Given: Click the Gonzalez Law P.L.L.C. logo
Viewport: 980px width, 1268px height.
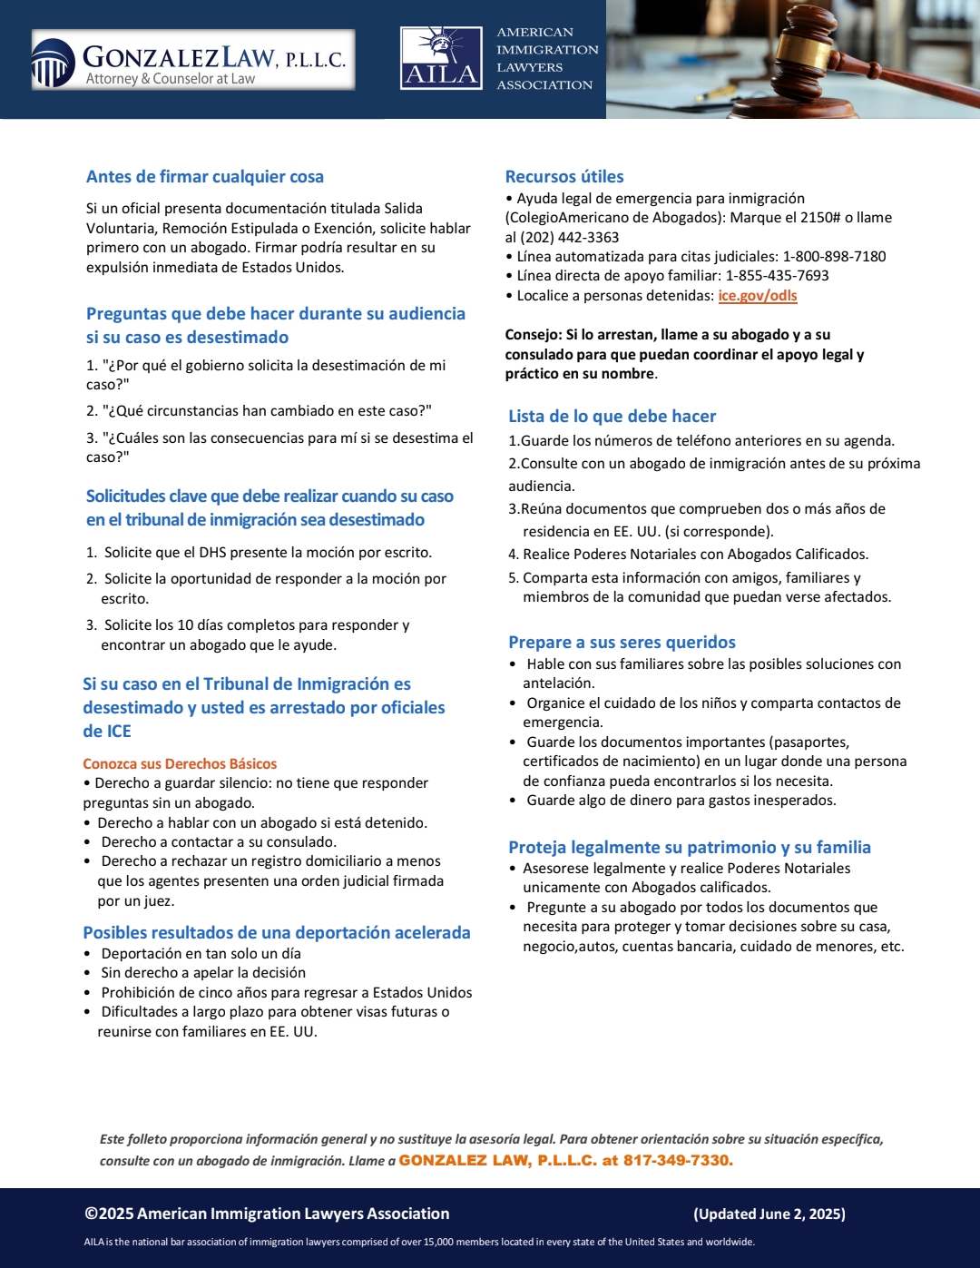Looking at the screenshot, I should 192,60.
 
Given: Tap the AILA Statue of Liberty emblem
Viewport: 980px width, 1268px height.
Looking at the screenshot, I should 441,58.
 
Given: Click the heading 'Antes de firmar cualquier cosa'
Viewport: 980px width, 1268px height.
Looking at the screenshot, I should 205,177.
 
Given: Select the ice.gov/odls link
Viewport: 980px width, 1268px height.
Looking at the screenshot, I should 757,296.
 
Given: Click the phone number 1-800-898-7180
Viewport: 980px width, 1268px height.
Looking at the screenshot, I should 834,257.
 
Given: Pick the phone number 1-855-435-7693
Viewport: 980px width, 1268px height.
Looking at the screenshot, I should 777,276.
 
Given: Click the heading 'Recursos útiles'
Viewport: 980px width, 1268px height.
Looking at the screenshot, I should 564,177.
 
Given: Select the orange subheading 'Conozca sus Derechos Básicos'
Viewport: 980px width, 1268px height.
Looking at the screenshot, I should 180,764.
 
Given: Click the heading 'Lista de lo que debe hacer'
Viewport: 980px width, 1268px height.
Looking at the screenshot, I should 612,417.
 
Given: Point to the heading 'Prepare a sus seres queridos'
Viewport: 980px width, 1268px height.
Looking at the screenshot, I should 622,643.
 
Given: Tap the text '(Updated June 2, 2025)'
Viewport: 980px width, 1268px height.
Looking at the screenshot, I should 769,1214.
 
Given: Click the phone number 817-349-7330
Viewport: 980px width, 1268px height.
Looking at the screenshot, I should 677,1161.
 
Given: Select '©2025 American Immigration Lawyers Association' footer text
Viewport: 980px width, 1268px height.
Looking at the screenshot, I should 267,1214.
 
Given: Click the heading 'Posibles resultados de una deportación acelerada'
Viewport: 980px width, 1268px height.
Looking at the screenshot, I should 277,933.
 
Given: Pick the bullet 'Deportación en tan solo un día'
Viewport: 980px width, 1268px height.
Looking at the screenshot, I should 201,954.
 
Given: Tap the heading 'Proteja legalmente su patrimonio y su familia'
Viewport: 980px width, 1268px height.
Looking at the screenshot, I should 690,848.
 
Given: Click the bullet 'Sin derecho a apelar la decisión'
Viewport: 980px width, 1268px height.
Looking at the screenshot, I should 203,973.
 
